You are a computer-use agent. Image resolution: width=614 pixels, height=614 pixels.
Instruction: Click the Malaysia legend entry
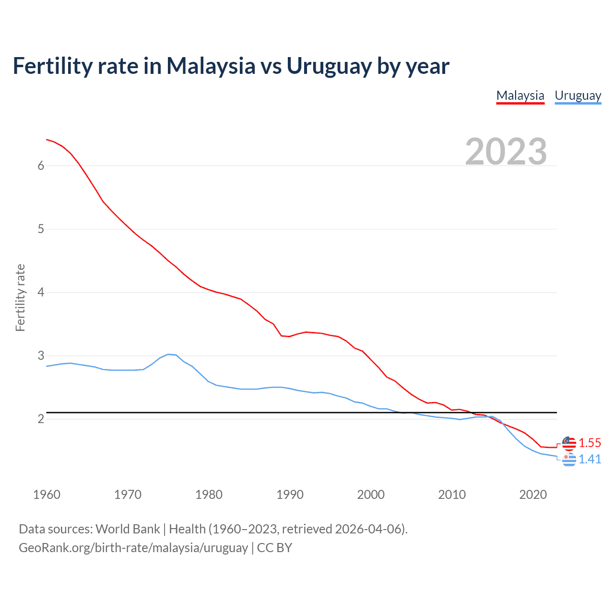520,95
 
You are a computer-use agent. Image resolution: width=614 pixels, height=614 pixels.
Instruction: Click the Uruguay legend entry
578,95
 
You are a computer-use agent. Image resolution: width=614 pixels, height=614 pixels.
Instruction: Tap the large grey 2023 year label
506,152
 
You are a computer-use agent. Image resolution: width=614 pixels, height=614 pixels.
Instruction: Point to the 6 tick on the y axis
41,165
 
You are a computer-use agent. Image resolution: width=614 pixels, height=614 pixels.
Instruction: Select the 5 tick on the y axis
41,229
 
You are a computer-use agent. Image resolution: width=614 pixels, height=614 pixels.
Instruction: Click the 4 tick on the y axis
41,292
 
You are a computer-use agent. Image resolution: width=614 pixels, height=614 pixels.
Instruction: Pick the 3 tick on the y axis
41,355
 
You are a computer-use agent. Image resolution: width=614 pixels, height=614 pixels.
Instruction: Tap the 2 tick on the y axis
41,419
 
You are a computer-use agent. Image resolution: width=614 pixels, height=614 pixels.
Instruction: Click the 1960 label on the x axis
47,495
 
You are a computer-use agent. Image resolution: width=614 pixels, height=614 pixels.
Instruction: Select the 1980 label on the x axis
209,495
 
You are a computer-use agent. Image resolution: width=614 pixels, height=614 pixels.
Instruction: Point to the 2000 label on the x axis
371,495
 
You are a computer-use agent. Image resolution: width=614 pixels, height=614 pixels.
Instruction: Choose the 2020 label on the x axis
533,495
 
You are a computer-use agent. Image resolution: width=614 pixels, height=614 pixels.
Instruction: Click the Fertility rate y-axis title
20,297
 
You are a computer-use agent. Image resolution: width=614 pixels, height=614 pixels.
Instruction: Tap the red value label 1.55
590,443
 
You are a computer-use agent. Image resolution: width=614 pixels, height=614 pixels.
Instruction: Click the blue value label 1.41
590,459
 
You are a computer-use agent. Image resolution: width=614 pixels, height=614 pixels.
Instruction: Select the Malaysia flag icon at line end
569,443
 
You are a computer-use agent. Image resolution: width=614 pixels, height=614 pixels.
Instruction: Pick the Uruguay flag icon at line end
569,460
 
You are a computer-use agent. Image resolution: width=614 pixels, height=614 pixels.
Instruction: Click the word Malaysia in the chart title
211,66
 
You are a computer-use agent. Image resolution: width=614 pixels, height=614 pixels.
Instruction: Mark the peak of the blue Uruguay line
168,354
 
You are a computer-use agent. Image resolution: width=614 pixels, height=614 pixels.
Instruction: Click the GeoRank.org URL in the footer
133,547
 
